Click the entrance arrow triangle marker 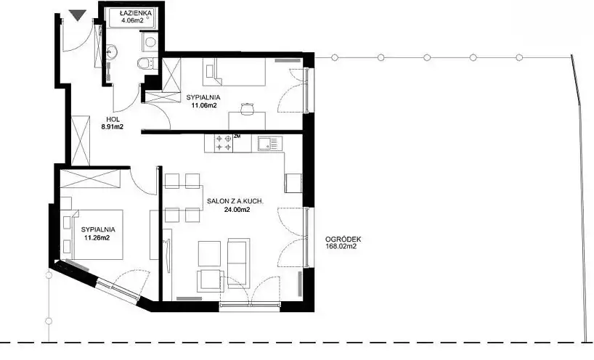pyautogui.click(x=78, y=15)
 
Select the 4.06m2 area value pyautogui.click(x=132, y=20)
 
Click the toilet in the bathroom pyautogui.click(x=145, y=63)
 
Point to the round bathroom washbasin pyautogui.click(x=112, y=51)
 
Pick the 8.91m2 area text pyautogui.click(x=112, y=127)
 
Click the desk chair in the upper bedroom pyautogui.click(x=247, y=108)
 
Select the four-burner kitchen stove pyautogui.click(x=224, y=144)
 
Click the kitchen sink pyautogui.click(x=268, y=144)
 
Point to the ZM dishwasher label pyautogui.click(x=237, y=136)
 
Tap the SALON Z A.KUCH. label pyautogui.click(x=235, y=202)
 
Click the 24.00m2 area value pyautogui.click(x=237, y=210)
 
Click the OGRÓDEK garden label pyautogui.click(x=343, y=240)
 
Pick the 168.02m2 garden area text pyautogui.click(x=341, y=247)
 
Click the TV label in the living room pyautogui.click(x=165, y=241)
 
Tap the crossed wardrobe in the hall pyautogui.click(x=81, y=140)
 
